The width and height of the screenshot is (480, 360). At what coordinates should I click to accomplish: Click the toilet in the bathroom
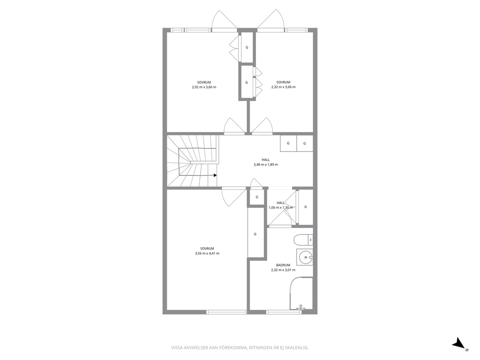303,240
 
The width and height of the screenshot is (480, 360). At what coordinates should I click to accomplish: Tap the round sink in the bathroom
305,257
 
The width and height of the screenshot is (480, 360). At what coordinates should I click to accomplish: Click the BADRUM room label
283,265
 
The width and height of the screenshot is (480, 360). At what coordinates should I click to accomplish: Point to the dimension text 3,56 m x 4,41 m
207,254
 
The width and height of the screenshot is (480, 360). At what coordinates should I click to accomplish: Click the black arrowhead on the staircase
215,176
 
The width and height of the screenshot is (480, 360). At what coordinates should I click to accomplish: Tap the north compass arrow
459,343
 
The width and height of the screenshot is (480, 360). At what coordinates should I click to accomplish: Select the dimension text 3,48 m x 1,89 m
266,165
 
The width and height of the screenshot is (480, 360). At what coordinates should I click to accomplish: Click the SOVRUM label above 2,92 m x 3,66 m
204,82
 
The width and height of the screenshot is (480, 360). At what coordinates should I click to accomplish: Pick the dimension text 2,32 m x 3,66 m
283,87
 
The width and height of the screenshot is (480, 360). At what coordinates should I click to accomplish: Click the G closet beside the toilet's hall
305,207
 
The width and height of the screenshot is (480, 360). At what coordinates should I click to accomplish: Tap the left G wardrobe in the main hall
288,143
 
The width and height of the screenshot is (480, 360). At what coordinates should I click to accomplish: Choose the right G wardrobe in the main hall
305,143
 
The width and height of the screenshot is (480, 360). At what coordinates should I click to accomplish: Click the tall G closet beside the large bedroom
255,234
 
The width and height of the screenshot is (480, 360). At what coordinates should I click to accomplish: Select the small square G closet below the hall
257,197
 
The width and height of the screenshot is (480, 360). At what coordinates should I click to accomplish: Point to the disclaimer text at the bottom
240,348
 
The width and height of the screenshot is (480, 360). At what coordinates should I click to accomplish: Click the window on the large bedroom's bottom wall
226,312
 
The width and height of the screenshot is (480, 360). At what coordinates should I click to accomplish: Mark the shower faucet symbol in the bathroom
301,307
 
